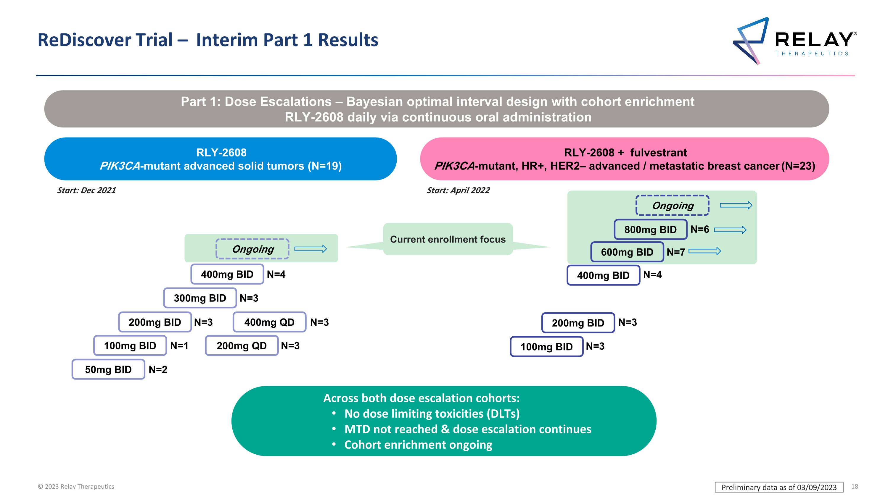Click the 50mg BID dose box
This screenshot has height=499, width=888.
click(x=108, y=369)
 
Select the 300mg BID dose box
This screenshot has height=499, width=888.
click(x=200, y=298)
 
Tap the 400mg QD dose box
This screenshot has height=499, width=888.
click(x=269, y=322)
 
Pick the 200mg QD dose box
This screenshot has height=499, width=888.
click(x=242, y=346)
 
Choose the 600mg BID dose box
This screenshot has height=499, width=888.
click(x=627, y=252)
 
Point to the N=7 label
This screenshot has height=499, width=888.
click(x=676, y=252)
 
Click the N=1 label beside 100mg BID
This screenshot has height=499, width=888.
click(x=179, y=346)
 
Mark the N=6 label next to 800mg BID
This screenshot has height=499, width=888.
click(x=700, y=229)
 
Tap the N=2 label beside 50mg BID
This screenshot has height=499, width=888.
click(x=158, y=369)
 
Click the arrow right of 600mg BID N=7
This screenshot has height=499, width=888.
click(x=704, y=251)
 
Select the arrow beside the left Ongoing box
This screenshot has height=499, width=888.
click(x=311, y=249)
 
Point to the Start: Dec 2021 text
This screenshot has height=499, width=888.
click(x=86, y=190)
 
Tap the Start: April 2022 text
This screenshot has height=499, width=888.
click(x=458, y=190)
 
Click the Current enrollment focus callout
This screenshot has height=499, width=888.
click(x=448, y=239)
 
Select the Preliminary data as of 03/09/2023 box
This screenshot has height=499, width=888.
click(x=779, y=487)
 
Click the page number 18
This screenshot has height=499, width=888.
click(x=855, y=487)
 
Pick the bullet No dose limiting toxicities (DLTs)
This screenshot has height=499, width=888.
click(x=432, y=414)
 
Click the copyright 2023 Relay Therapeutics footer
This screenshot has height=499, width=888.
click(x=76, y=487)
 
